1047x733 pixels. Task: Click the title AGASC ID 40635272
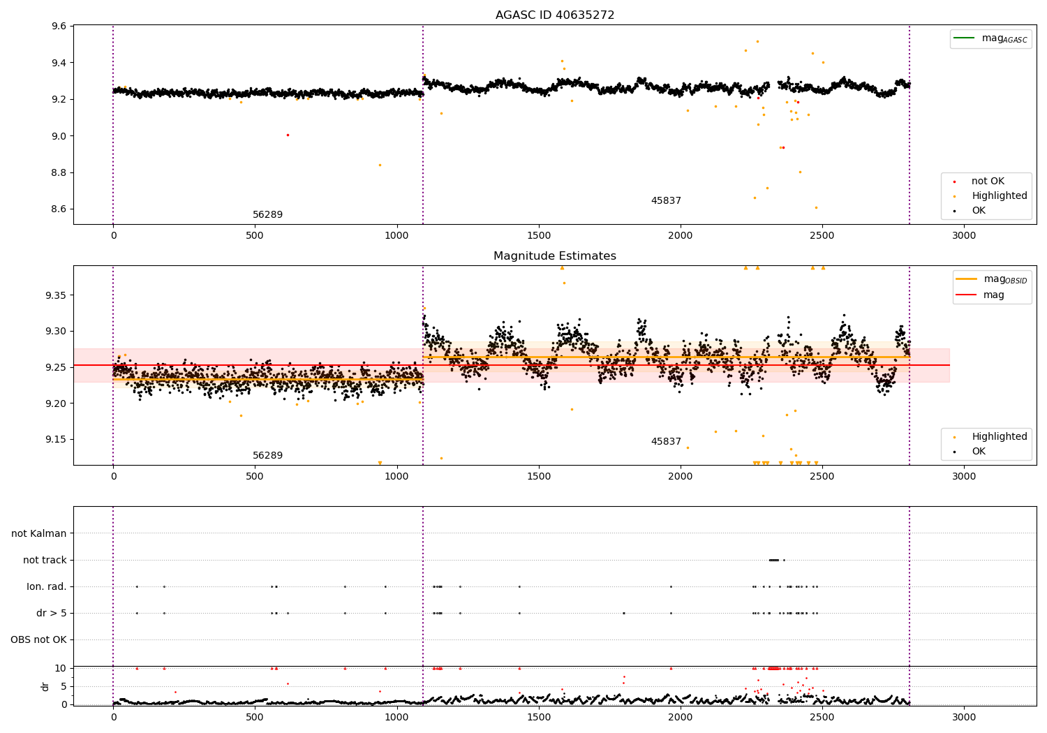[554, 15]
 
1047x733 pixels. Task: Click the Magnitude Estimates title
[554, 256]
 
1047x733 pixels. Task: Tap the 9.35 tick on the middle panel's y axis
[57, 295]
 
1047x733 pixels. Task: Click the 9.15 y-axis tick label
[57, 439]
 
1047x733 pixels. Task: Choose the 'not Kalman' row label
[39, 533]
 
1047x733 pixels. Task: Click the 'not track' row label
[45, 560]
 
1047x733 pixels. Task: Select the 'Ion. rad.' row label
[46, 586]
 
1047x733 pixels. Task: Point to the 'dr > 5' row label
[51, 613]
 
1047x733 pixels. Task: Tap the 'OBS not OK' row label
[38, 639]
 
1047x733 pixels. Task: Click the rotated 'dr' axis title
[45, 686]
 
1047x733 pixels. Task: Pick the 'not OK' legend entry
[987, 182]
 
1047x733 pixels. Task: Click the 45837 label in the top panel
[666, 201]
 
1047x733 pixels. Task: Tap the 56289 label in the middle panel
[267, 456]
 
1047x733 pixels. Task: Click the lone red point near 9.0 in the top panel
[288, 135]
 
